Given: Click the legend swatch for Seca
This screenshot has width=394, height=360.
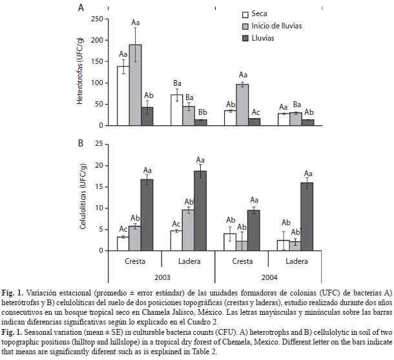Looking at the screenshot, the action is pos(245,14).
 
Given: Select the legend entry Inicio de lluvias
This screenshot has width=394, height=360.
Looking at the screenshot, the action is pos(276,26).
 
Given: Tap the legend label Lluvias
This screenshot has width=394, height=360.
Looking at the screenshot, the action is pos(263,38).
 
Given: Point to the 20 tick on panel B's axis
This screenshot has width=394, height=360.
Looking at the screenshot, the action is pos(99,166).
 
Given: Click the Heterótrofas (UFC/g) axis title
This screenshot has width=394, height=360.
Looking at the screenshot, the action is pos(80,71).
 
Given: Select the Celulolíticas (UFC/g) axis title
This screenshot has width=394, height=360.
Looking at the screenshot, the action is pos(83,196).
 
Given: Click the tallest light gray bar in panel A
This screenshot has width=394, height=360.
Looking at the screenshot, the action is pos(135,85).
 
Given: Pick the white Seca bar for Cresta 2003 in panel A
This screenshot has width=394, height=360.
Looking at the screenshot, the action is pos(123,96).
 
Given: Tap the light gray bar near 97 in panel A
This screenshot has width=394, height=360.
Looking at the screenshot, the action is pos(242,105).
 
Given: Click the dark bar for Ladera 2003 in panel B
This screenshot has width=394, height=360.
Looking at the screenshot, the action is pos(200,211).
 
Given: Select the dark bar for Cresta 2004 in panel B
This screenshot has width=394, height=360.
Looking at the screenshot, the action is pos(254,230).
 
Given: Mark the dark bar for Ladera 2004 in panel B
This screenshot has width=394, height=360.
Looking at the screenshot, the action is pos(307,217).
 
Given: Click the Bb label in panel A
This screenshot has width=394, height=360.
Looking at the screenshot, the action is pos(203,112).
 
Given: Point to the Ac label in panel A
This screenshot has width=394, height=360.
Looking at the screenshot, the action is pos(256,112).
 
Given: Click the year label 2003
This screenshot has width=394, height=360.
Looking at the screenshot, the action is pos(162,277).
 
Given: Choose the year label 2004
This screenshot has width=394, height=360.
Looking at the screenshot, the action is pos(269,277).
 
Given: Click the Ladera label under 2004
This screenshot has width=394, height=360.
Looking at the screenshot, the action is pos(296,261).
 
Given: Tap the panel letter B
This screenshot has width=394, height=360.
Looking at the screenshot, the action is pos(81,143).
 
